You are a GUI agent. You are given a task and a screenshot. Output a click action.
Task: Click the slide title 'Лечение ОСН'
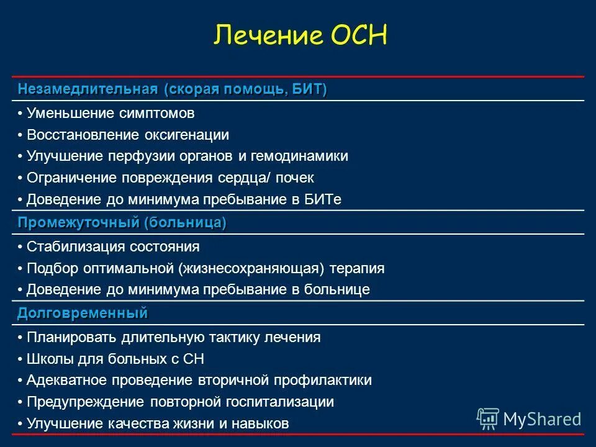coord(300,35)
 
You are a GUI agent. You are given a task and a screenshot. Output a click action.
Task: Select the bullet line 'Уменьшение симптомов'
coord(111,114)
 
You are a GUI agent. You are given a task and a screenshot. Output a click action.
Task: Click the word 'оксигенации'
coord(187,135)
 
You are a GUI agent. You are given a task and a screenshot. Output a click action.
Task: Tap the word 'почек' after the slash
coord(295,178)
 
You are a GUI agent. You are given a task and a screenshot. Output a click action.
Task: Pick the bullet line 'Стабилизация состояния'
coord(113,246)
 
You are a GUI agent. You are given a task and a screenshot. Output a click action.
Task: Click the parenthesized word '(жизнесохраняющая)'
coord(250,268)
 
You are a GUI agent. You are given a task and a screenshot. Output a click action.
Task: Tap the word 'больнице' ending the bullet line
coord(341,289)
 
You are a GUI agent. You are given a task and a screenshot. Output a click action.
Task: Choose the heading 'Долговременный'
coord(83,313)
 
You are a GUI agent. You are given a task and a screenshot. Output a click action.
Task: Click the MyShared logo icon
coord(489,419)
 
